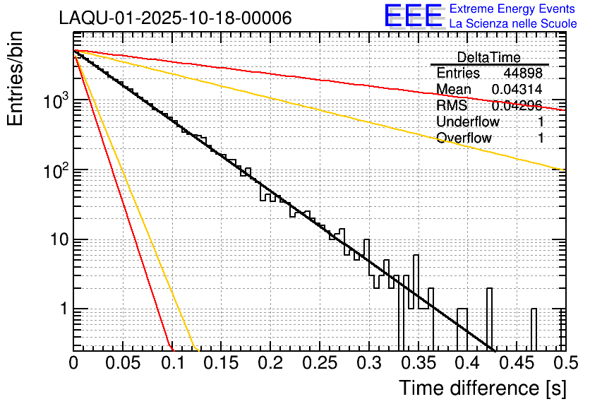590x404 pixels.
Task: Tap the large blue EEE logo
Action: [x=414, y=16]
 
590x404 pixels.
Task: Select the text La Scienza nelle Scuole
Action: [x=513, y=23]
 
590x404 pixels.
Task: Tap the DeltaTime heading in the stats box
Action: [x=489, y=57]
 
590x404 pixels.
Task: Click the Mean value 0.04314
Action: [x=517, y=90]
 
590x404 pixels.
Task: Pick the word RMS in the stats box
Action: [x=452, y=106]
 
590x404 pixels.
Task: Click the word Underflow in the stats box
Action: [x=468, y=122]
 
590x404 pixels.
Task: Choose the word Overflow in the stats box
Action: [x=464, y=138]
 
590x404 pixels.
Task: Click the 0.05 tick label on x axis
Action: [x=123, y=362]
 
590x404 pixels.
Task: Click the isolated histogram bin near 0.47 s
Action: [x=534, y=328]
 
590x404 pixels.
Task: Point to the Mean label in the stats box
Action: [x=454, y=90]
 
